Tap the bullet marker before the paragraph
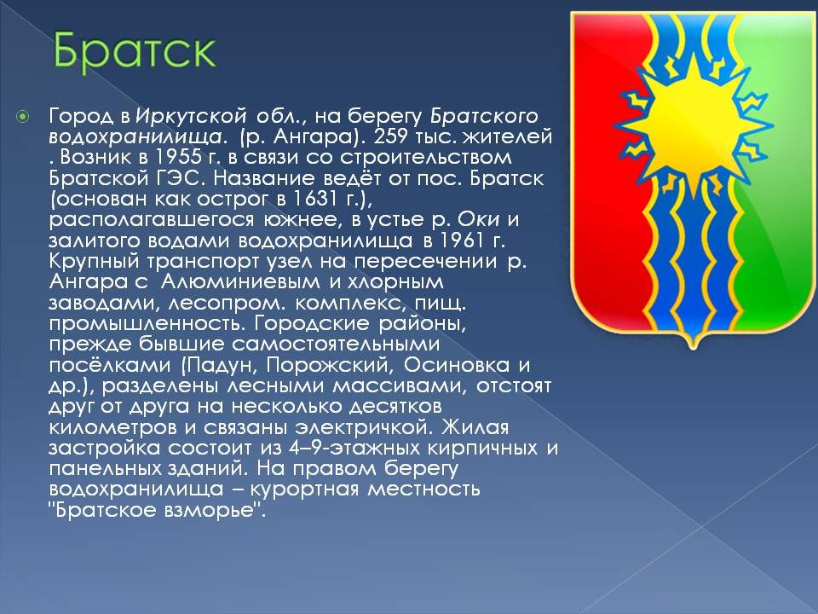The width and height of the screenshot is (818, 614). (23, 116)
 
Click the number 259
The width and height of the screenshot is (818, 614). (391, 136)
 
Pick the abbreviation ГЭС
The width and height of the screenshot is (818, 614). (177, 178)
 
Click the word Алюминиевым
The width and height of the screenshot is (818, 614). (240, 282)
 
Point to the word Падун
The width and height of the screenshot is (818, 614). (220, 365)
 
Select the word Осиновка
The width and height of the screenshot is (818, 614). (457, 365)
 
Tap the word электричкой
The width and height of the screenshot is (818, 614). (364, 427)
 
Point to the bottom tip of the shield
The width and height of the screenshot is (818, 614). (693, 349)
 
